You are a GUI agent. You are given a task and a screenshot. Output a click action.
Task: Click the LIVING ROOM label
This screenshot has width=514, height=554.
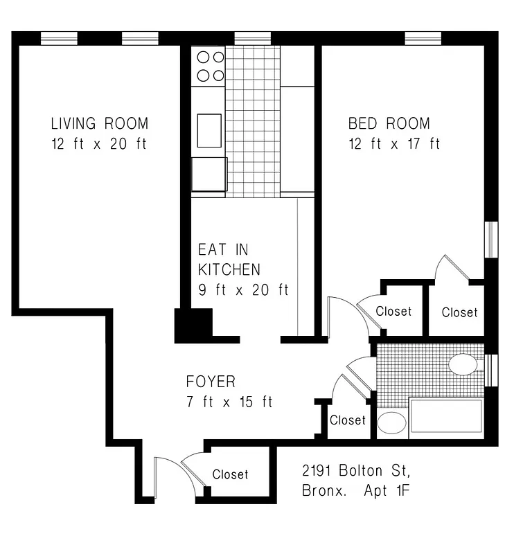(x=99, y=124)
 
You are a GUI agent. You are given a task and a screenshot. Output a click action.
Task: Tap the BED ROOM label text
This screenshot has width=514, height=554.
(x=389, y=124)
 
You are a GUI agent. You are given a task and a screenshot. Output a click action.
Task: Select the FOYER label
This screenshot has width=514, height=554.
(x=211, y=382)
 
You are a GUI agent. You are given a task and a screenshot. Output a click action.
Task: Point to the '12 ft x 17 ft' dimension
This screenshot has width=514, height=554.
(x=393, y=144)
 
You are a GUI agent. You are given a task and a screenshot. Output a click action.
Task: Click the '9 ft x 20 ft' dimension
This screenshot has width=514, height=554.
(x=243, y=289)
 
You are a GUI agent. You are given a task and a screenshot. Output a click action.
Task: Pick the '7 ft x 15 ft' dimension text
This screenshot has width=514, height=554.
(x=229, y=402)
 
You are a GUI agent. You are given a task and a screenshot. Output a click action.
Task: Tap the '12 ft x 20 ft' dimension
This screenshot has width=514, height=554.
(x=99, y=144)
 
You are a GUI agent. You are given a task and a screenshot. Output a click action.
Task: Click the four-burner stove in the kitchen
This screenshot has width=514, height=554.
(x=209, y=66)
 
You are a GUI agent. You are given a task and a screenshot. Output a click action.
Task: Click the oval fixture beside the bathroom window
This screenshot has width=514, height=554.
(x=463, y=365)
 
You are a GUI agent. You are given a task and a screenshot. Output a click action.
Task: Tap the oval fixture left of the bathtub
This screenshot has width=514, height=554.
(x=392, y=422)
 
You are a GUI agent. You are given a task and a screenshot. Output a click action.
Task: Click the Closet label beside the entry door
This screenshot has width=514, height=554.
(x=230, y=474)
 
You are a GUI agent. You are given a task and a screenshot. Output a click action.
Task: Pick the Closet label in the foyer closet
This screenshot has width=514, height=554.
(x=347, y=420)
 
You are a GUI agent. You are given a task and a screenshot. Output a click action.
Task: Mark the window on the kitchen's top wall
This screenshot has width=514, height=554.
(x=252, y=39)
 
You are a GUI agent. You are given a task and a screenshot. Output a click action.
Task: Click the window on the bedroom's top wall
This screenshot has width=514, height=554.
(x=423, y=39)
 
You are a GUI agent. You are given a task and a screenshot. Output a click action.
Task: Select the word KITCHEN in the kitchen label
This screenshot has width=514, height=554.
(x=229, y=269)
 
